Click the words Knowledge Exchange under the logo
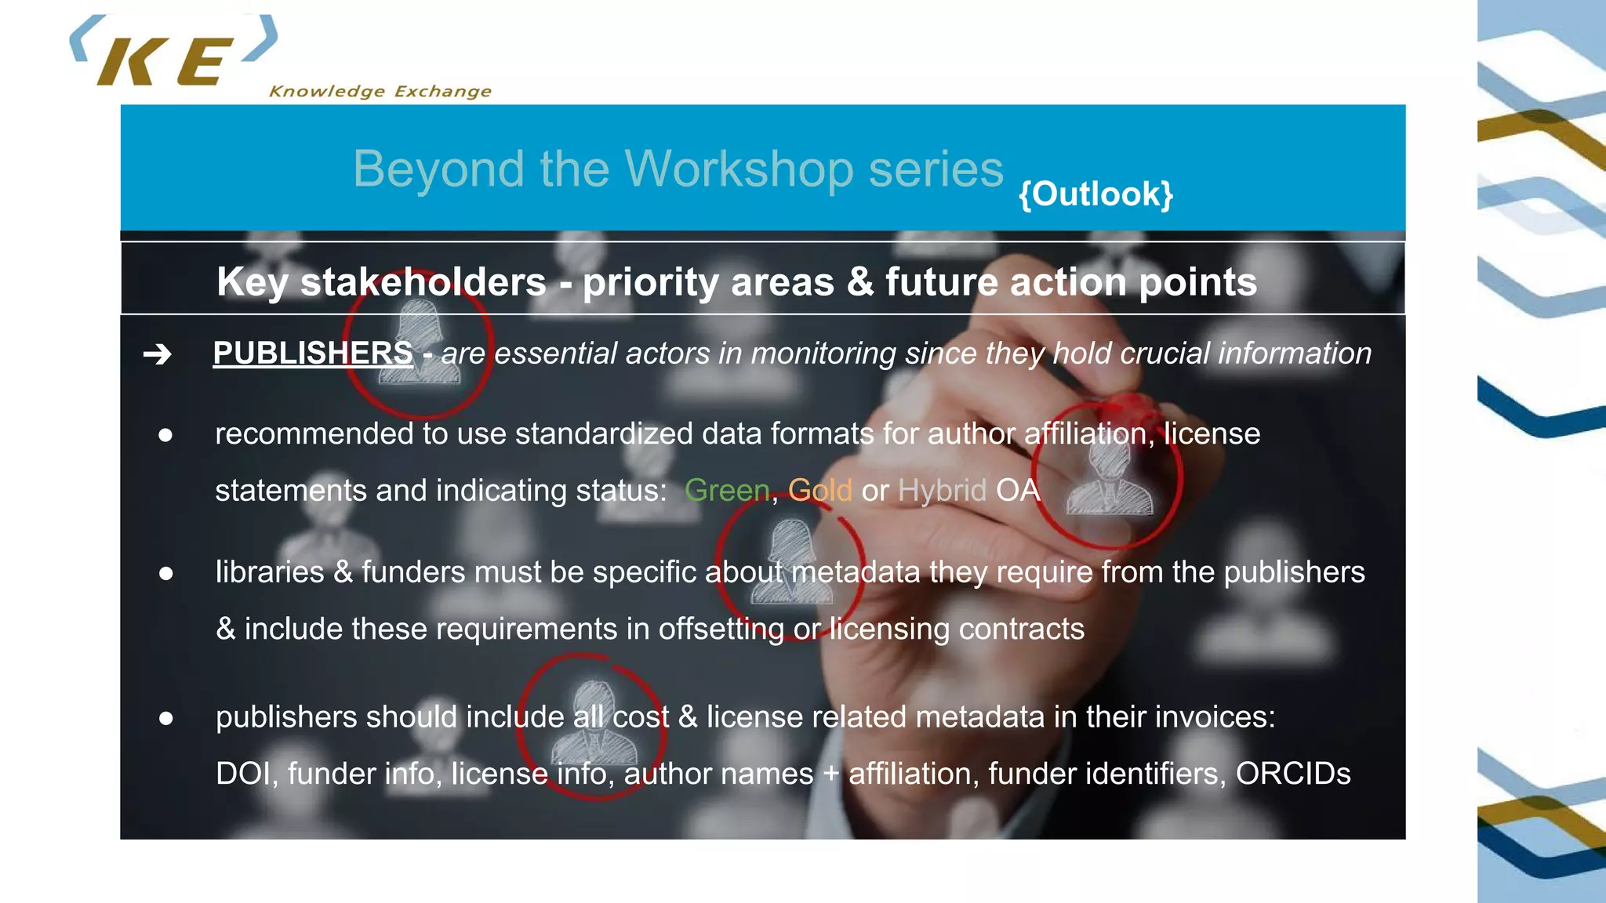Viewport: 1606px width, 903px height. pos(380,92)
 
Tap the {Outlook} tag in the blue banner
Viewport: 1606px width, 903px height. pos(1095,194)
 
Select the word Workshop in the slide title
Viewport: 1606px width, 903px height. pos(739,169)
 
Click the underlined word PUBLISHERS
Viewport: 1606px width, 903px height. pos(313,354)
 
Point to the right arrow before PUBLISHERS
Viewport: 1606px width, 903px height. pos(158,354)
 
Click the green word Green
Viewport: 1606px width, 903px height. pos(727,491)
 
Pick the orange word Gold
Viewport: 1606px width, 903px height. pos(819,491)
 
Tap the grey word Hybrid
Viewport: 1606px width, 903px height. pos(942,491)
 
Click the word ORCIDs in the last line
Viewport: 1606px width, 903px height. pos(1293,774)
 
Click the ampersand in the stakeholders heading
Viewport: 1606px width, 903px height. pos(859,282)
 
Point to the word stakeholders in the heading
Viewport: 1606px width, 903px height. pos(423,282)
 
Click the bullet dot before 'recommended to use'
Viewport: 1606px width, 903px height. pos(165,435)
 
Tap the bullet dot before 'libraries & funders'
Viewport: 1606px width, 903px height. pos(165,574)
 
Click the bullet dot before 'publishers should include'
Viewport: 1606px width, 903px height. pos(165,718)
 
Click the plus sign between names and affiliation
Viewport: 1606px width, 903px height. pos(831,774)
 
